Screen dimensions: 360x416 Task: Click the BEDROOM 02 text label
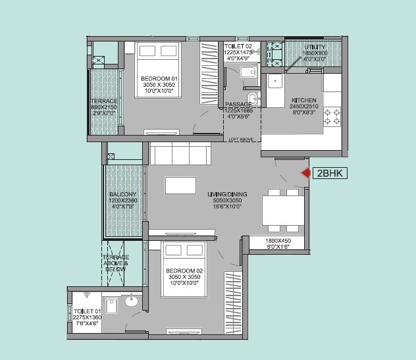183,270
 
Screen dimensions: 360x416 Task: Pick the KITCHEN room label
304,100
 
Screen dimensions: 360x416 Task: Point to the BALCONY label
123,195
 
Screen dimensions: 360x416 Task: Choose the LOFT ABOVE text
242,140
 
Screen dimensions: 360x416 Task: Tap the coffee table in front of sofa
180,186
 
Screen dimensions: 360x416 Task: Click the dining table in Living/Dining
284,210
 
